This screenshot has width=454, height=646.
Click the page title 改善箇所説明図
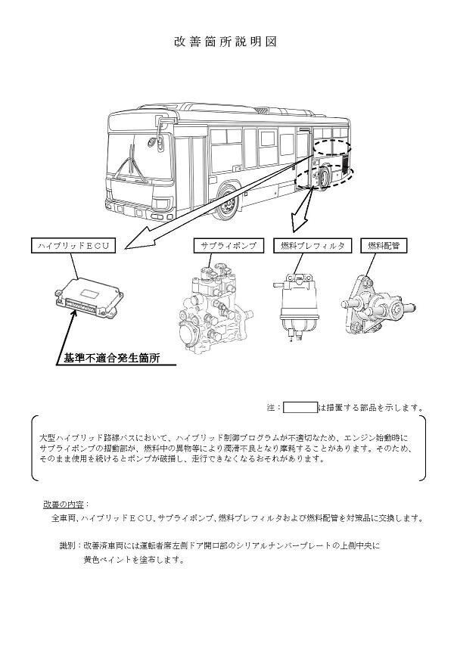point(226,42)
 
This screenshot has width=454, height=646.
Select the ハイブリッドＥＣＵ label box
point(74,245)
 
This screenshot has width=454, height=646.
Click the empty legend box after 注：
point(300,408)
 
